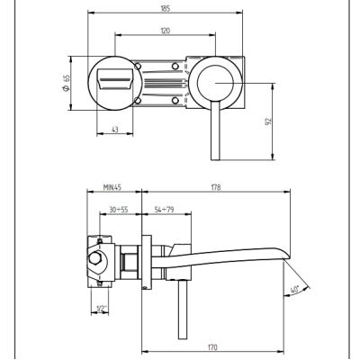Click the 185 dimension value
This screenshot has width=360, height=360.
point(166,8)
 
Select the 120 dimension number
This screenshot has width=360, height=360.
point(166,31)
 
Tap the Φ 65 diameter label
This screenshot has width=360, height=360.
point(67,83)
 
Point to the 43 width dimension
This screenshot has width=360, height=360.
point(115,130)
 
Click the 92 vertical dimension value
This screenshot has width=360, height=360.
point(268,121)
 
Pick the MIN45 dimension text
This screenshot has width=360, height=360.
point(112,187)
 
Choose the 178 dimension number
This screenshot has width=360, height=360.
point(216,187)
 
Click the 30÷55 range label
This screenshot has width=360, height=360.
point(119,210)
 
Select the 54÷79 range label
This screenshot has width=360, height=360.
point(164,210)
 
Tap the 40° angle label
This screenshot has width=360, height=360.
point(295,291)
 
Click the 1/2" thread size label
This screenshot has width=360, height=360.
point(102,309)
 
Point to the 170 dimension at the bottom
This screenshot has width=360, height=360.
point(212,347)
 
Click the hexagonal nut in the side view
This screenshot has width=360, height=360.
point(95,258)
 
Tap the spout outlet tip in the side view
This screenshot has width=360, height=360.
point(286,255)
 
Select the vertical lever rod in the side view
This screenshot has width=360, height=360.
point(183,310)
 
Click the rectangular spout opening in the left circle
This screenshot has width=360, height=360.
point(115,79)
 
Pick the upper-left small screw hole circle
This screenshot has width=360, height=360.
point(138,66)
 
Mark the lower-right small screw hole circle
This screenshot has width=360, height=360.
point(175,101)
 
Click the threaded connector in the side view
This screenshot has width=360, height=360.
point(130,262)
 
